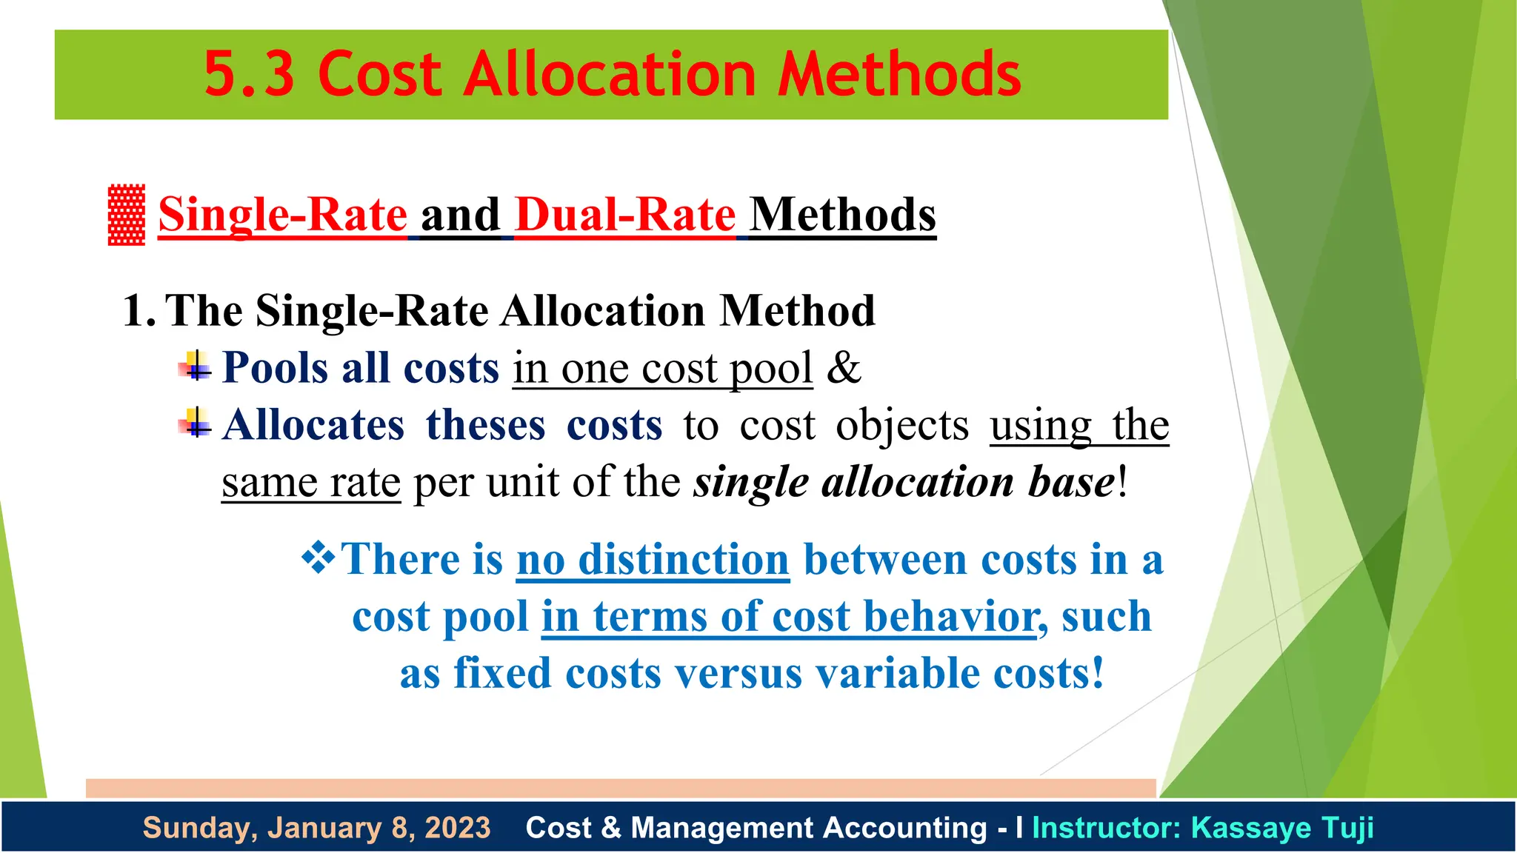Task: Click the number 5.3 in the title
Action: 249,74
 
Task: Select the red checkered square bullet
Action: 127,215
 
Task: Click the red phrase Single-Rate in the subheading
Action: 282,215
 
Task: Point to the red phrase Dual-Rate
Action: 624,215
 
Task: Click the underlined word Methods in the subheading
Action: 842,215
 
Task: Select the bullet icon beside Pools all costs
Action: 196,366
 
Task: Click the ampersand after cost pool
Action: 844,367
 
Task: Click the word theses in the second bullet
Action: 485,425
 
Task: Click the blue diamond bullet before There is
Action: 319,558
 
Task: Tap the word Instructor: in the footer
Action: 1107,828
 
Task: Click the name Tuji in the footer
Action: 1346,828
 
